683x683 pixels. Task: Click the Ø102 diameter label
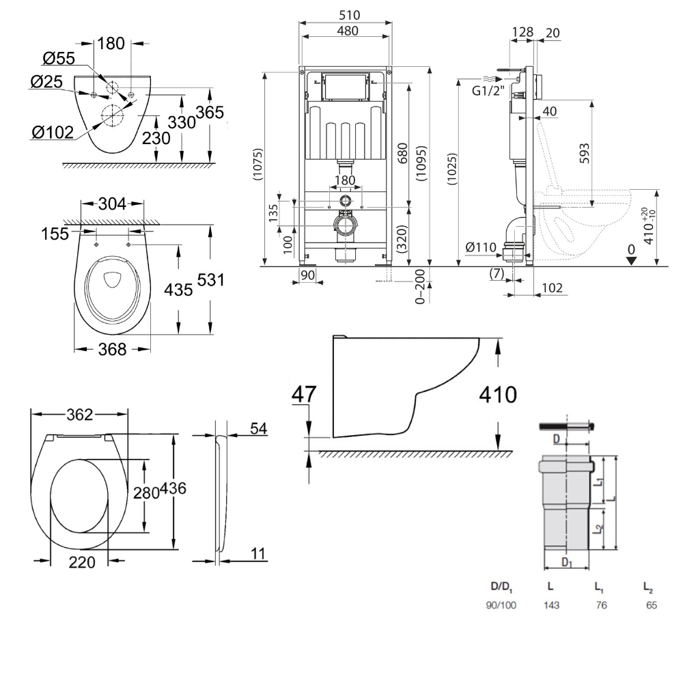pyautogui.click(x=52, y=133)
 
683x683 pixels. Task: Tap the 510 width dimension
pyautogui.click(x=346, y=15)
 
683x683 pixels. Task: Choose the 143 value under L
pyautogui.click(x=552, y=605)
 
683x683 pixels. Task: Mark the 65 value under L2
pyautogui.click(x=650, y=605)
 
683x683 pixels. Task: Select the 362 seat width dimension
pyautogui.click(x=80, y=415)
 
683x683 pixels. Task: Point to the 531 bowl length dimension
pyautogui.click(x=211, y=280)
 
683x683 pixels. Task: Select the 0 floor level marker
pyautogui.click(x=631, y=251)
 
